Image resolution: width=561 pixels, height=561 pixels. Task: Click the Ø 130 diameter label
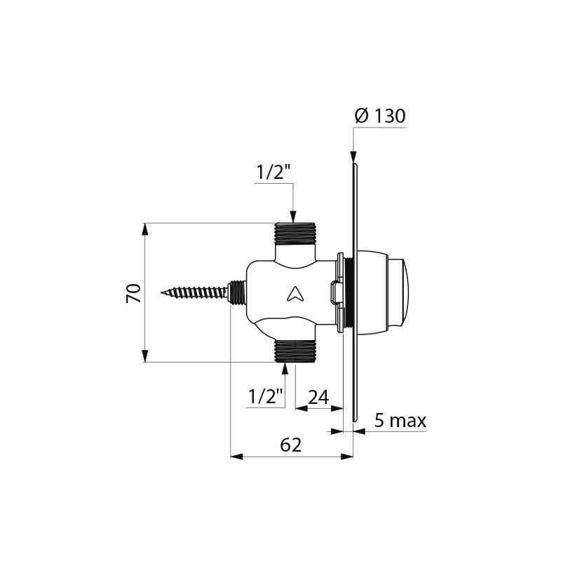pos(380,116)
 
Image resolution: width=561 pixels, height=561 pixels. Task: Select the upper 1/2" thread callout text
pos(273,173)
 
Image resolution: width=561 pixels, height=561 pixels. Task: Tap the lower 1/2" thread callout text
pos(266,396)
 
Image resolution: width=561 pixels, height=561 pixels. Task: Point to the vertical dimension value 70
pos(133,293)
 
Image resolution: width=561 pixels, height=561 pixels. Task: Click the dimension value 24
pos(318,397)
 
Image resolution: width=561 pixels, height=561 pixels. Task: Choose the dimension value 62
pos(291,445)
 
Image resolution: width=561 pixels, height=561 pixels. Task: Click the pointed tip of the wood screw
pos(161,293)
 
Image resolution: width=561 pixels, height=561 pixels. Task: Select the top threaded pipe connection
pos(295,234)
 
